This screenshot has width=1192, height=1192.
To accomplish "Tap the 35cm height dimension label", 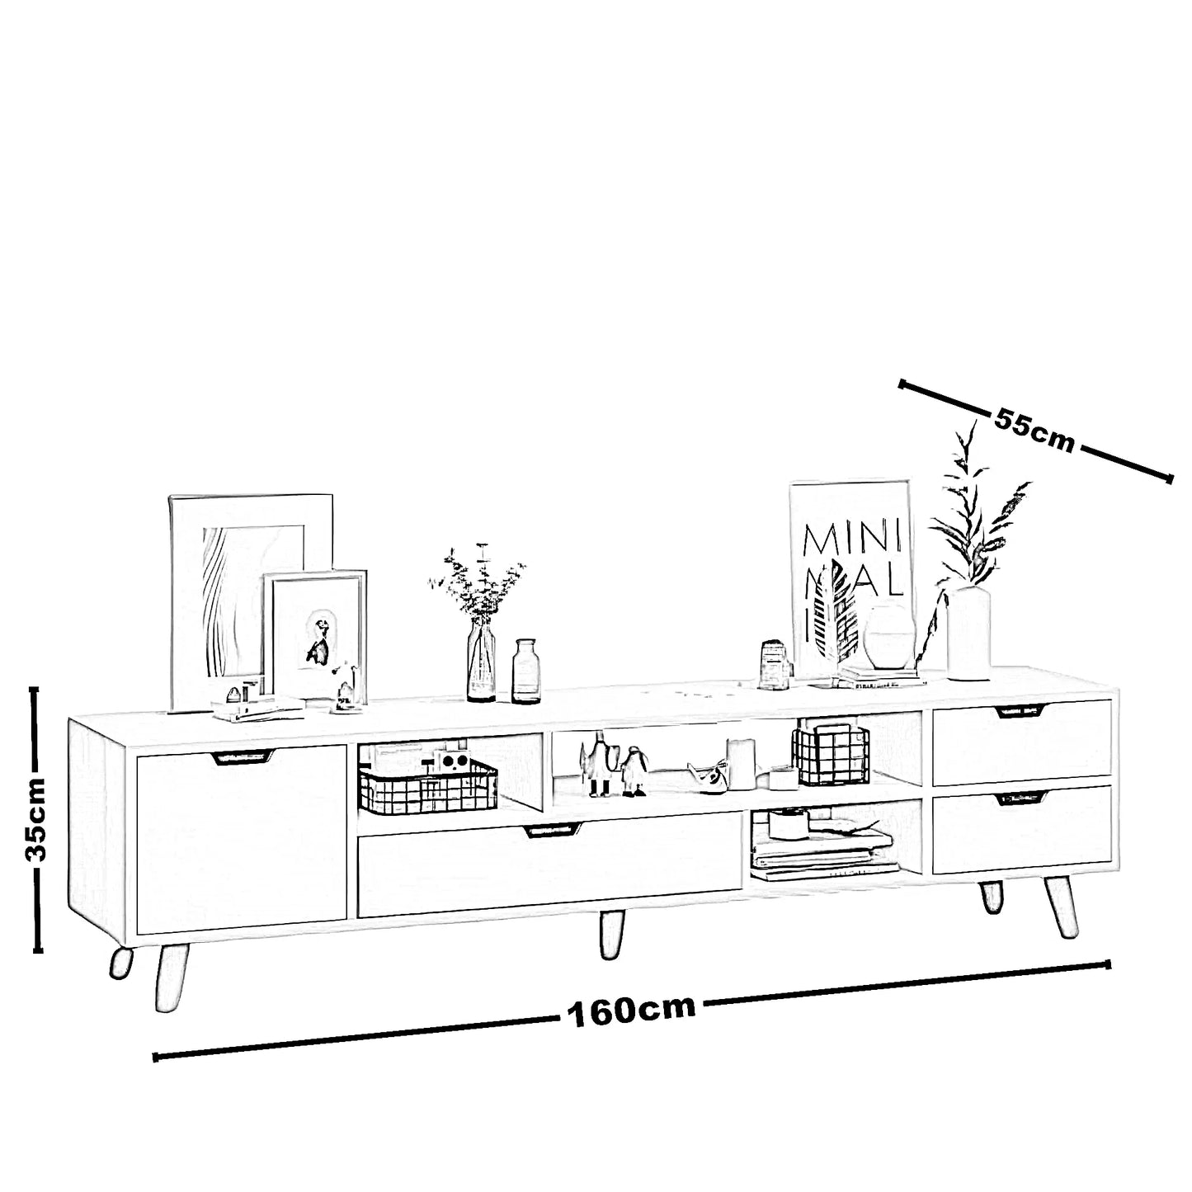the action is click(35, 819).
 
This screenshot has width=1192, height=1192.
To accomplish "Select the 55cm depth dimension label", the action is click(1034, 430).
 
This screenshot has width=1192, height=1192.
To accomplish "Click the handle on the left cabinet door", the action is click(242, 756).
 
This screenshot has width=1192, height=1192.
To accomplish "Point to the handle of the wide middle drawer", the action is click(553, 831).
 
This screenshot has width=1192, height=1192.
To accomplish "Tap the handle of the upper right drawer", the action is click(1020, 711).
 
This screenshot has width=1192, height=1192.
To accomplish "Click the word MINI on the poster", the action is click(851, 540).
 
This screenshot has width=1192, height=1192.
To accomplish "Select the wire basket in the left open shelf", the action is click(427, 786).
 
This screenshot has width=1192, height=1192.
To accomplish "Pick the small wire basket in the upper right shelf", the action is click(831, 756).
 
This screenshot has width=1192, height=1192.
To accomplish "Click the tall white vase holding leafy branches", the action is click(968, 633).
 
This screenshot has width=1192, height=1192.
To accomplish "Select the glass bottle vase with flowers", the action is click(481, 659).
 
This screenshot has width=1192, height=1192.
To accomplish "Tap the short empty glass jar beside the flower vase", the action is click(525, 671).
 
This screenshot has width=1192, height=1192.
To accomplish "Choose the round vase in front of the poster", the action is click(889, 637).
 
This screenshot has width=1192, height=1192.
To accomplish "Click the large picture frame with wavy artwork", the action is click(251, 601).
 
